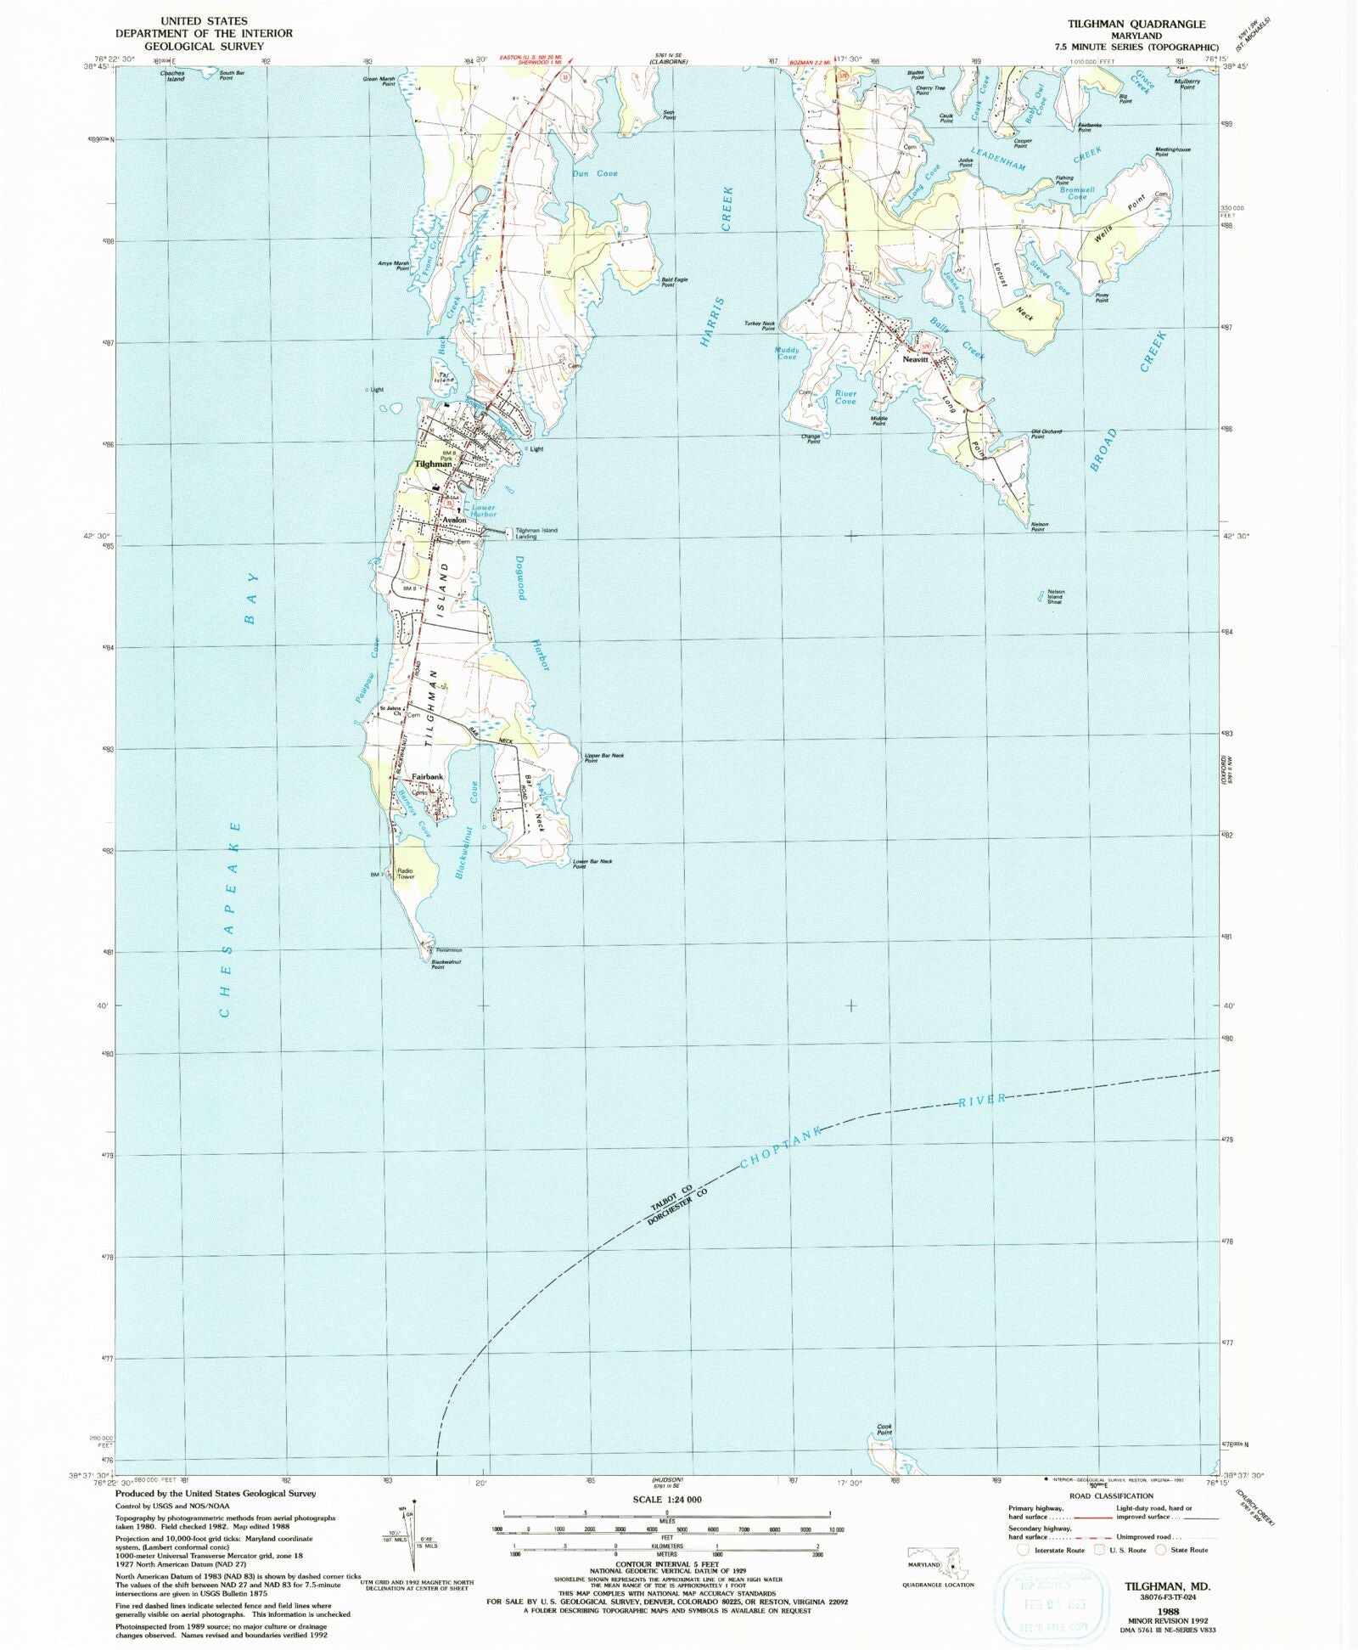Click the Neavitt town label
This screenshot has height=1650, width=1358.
[916, 360]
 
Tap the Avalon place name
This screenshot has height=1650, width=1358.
[454, 520]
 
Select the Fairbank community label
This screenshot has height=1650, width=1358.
[428, 777]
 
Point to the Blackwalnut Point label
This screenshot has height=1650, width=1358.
[438, 965]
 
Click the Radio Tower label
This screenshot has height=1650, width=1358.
[406, 874]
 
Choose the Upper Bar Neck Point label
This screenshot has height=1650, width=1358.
[604, 757]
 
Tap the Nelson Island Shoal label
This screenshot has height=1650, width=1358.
[1055, 596]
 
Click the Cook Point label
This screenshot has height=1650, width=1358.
[884, 1429]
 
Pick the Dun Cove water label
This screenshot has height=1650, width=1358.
[594, 173]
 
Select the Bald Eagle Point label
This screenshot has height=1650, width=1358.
[674, 282]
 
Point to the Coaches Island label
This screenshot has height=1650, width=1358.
[175, 76]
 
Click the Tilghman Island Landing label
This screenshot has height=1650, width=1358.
[536, 533]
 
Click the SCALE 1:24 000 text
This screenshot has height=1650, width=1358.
[666, 1499]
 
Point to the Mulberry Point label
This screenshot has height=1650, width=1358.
[1187, 84]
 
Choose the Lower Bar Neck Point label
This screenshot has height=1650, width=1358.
[592, 864]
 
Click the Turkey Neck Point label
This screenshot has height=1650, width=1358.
[760, 325]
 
